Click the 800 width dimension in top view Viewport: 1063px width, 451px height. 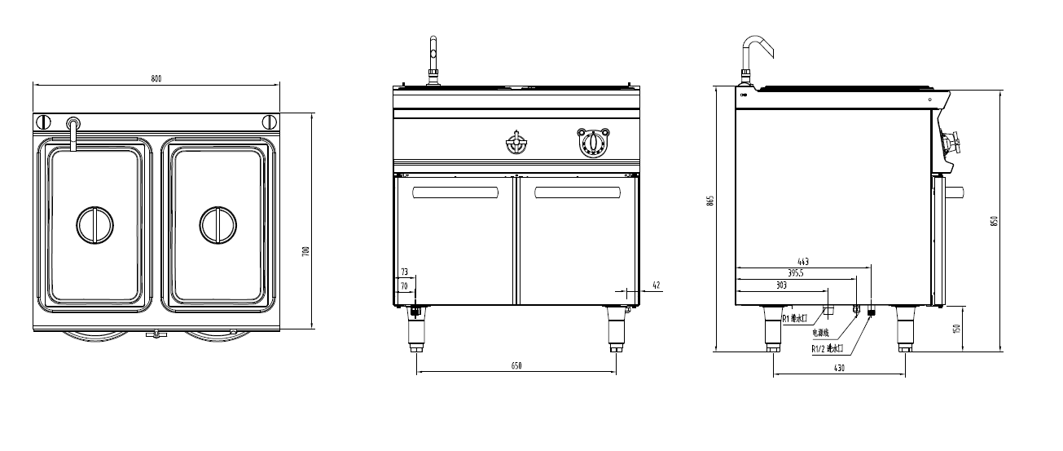click(x=156, y=78)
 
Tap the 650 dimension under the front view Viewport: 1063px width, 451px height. click(x=516, y=366)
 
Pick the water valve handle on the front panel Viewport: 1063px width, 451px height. click(x=516, y=143)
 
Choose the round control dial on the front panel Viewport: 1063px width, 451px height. click(x=593, y=143)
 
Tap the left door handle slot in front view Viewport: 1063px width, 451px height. click(x=455, y=192)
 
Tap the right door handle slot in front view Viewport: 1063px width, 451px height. click(x=576, y=192)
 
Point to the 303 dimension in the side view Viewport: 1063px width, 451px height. click(x=780, y=286)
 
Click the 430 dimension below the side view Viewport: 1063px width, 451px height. click(x=839, y=369)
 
